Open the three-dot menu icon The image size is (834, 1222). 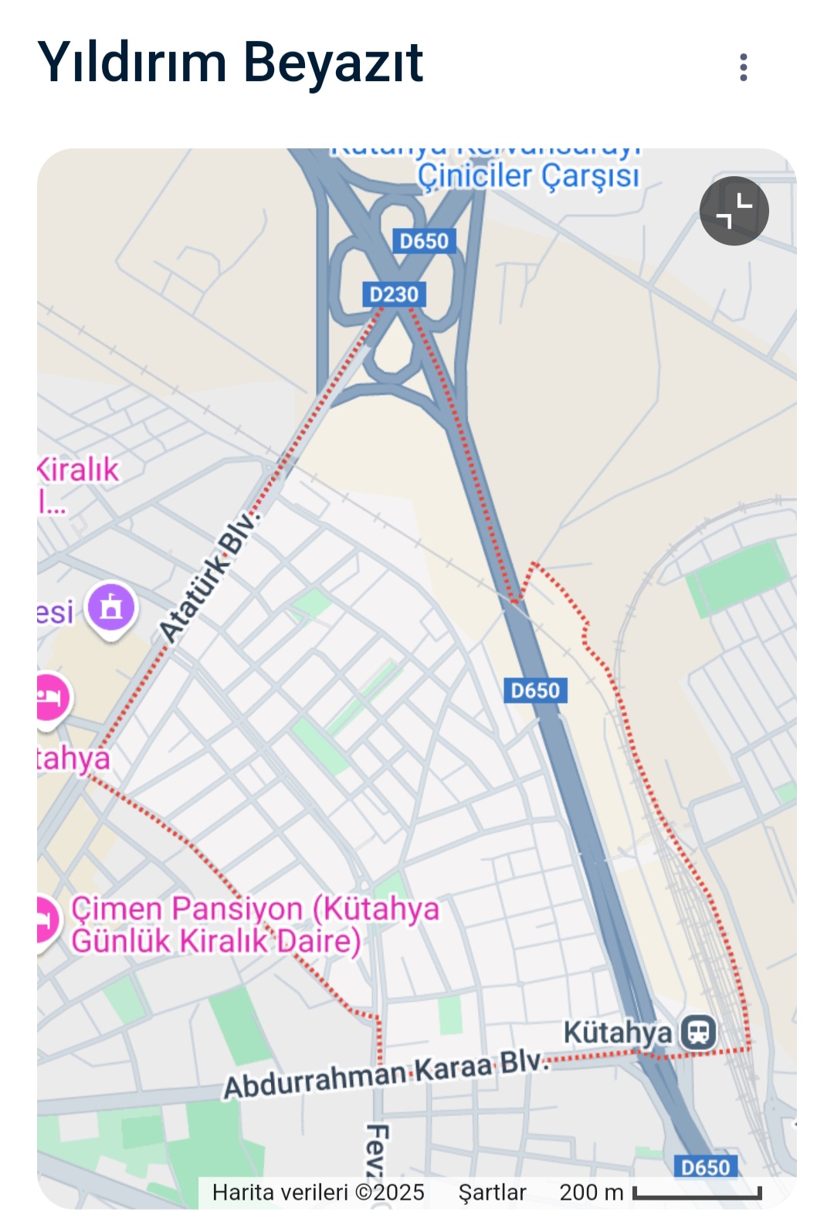coord(743,67)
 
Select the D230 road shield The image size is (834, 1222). coord(394,294)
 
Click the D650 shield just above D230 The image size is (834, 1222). coord(423,241)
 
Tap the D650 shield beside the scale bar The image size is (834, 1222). coord(705,1166)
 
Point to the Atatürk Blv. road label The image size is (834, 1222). coord(207,577)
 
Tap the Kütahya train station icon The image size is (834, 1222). coord(699,1031)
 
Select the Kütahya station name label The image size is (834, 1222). coord(617,1032)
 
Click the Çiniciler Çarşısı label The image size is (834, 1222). coord(528,176)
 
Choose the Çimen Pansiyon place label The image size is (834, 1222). coord(255,925)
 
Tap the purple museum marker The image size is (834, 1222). coord(111,608)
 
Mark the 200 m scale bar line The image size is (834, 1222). coord(697,1194)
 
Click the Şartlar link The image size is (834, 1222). coord(492,1192)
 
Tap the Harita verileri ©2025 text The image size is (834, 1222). coord(318,1192)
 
